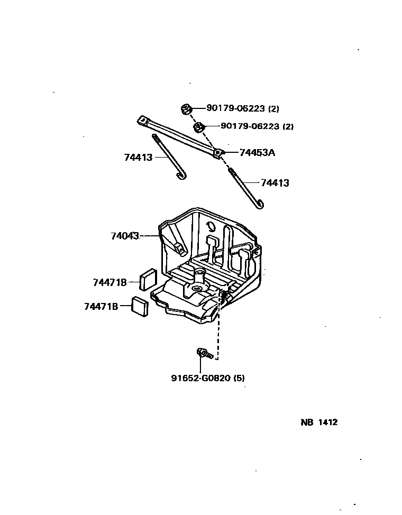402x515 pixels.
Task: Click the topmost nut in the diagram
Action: coord(186,109)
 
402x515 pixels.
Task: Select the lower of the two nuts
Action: coord(199,127)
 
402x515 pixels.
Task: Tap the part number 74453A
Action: coord(257,153)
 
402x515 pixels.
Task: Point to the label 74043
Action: coord(125,236)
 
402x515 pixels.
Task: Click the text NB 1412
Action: coord(319,422)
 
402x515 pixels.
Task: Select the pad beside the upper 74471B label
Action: coord(148,279)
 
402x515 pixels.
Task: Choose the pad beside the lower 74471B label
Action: coord(140,307)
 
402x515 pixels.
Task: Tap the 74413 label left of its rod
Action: coord(139,158)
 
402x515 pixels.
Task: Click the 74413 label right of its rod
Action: coord(275,183)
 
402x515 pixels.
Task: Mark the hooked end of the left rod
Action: coord(181,176)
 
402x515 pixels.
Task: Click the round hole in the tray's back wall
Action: coord(211,226)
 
